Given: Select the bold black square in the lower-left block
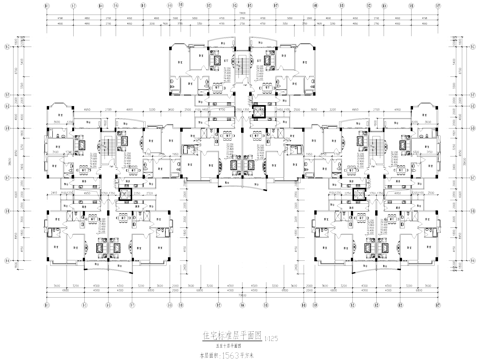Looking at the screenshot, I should (127, 197).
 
